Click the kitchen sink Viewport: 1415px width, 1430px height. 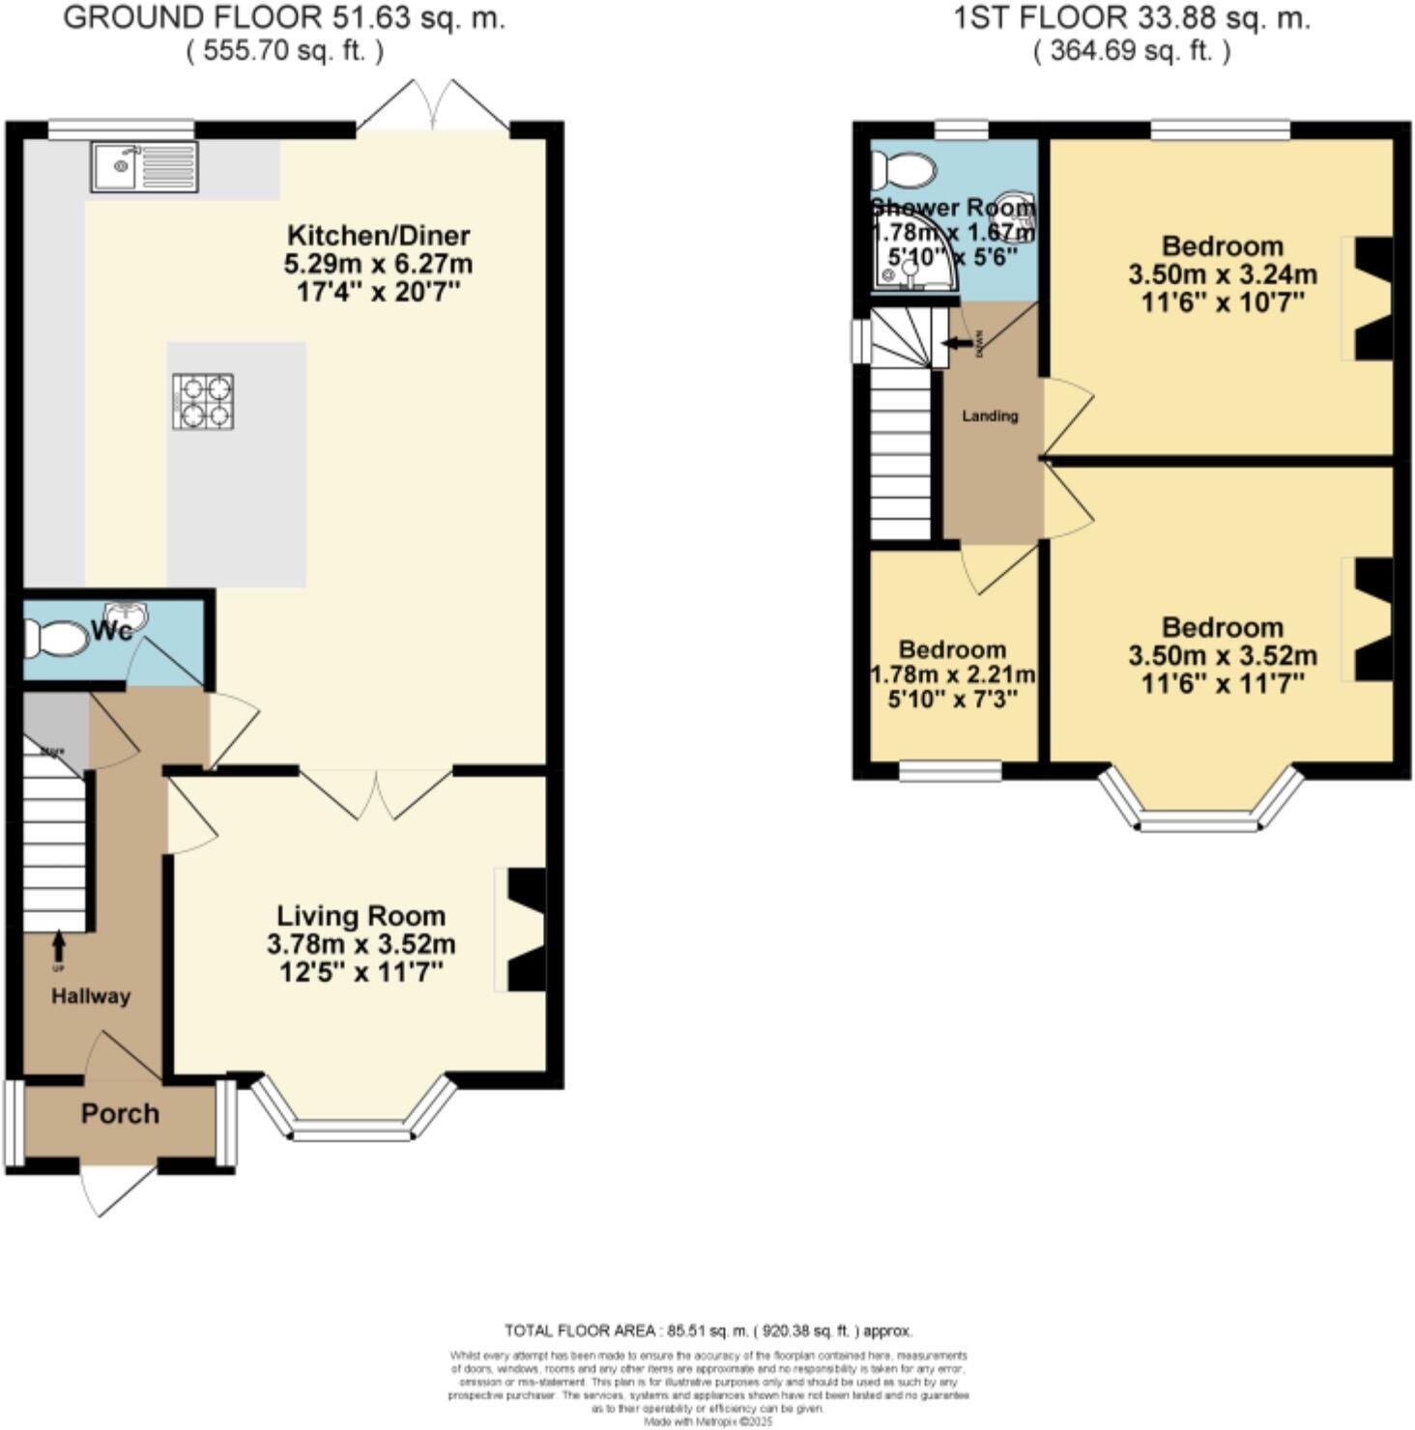(145, 167)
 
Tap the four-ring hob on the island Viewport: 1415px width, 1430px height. (204, 401)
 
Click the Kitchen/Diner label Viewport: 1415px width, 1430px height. (379, 235)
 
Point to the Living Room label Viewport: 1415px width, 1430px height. (361, 916)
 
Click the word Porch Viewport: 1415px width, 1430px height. (120, 1114)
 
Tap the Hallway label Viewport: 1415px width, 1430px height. (91, 996)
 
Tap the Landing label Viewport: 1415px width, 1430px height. (990, 415)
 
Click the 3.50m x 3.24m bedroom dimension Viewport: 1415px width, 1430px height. (1223, 274)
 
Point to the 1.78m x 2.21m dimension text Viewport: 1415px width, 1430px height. (953, 674)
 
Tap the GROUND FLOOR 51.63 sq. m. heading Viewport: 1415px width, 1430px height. (284, 18)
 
